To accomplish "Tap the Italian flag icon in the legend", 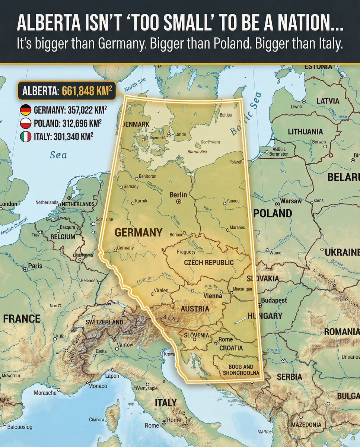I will click(25, 137).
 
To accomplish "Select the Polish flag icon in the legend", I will click(25, 124).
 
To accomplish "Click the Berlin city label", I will click(178, 195).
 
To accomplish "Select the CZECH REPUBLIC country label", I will click(209, 262).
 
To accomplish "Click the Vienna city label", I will click(213, 296).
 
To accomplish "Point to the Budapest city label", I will click(274, 300).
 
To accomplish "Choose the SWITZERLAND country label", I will click(104, 322).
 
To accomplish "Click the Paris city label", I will click(35, 266).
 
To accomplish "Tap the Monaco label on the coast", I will click(98, 386).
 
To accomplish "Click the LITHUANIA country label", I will click(305, 132).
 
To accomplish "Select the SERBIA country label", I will click(289, 377).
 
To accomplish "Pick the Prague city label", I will click(184, 252).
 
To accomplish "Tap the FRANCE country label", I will click(22, 319).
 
